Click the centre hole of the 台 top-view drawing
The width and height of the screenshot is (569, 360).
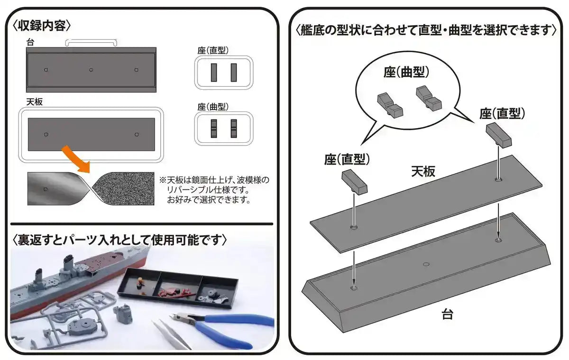tap(91, 70)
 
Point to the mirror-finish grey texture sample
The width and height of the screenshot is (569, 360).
tap(55, 189)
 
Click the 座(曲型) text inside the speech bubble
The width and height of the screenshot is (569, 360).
tap(406, 72)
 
